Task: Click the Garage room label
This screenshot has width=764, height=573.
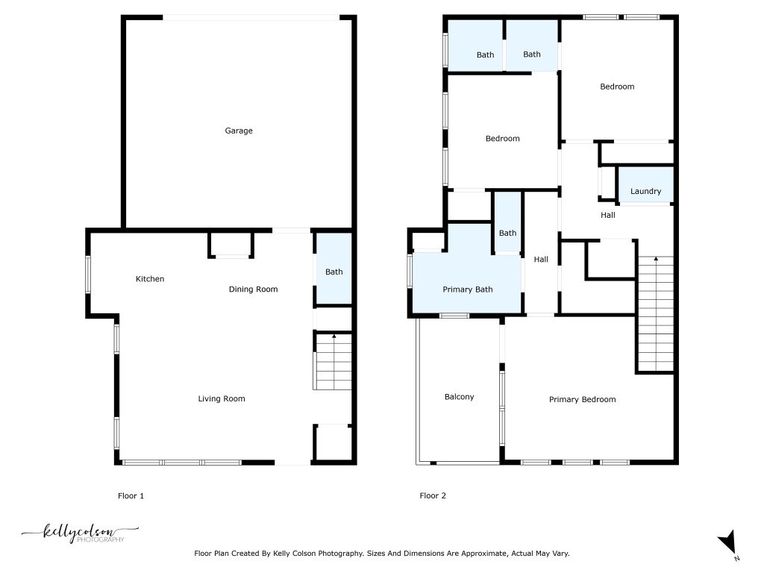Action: tap(239, 131)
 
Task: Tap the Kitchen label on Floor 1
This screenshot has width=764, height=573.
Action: tap(149, 279)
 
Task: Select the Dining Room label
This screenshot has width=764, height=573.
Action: tap(253, 289)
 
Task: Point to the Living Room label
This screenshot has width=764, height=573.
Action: tap(221, 399)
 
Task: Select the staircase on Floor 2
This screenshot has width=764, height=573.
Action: tap(655, 313)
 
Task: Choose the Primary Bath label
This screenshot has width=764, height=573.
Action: tap(468, 289)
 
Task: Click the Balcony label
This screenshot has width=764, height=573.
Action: tap(459, 397)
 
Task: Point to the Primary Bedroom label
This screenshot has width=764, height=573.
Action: tap(582, 400)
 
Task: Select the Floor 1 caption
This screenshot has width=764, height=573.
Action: tap(131, 495)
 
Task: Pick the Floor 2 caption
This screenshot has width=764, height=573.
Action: tap(433, 495)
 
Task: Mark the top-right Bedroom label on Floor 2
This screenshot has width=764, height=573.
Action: tap(617, 87)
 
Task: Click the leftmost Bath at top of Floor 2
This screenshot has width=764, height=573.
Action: tap(485, 54)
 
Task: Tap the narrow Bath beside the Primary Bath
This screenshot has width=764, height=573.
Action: tap(507, 233)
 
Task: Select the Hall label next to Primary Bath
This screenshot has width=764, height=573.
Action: tap(541, 260)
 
